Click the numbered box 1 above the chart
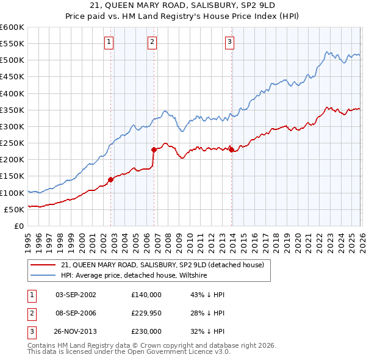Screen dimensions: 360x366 (x=109, y=42)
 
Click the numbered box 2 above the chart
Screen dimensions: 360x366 (x=152, y=42)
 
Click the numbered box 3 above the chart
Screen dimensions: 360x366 (x=229, y=42)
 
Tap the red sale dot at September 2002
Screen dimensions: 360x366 (x=110, y=179)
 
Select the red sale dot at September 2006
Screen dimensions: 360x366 (x=154, y=149)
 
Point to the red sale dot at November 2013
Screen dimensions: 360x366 (x=231, y=149)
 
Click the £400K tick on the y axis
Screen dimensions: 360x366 (x=12, y=93)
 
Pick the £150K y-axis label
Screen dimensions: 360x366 (x=12, y=176)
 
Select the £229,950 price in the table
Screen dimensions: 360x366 (x=146, y=312)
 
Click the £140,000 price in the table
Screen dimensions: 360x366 (x=146, y=294)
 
